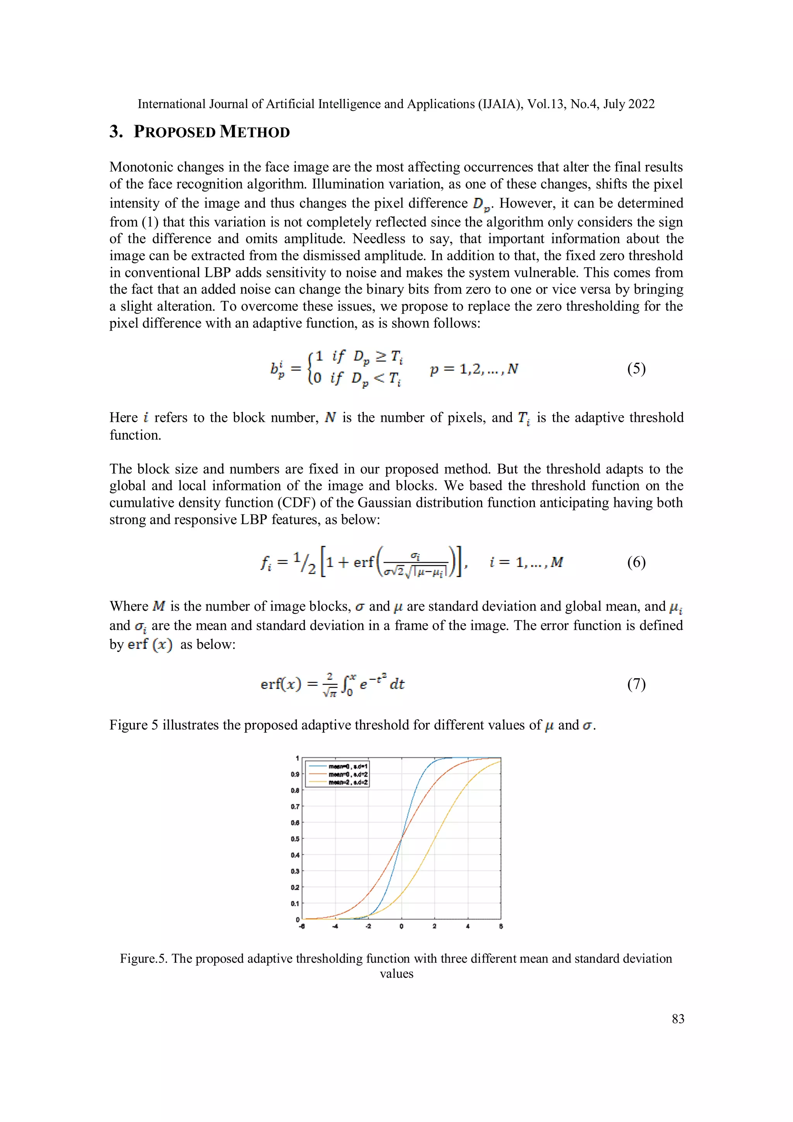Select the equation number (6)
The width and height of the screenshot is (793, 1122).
636,562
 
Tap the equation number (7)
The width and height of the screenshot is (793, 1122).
636,684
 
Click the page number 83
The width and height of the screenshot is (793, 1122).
678,1019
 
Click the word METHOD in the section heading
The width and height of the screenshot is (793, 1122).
254,132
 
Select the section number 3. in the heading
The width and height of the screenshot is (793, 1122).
116,132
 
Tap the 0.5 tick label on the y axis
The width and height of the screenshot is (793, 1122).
295,839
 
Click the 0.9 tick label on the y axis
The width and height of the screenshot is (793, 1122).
295,775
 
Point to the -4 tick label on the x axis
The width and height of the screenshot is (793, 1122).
335,926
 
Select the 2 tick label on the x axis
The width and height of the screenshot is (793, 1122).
434,926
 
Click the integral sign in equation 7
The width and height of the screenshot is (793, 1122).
347,684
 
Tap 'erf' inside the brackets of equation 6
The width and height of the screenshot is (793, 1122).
364,562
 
